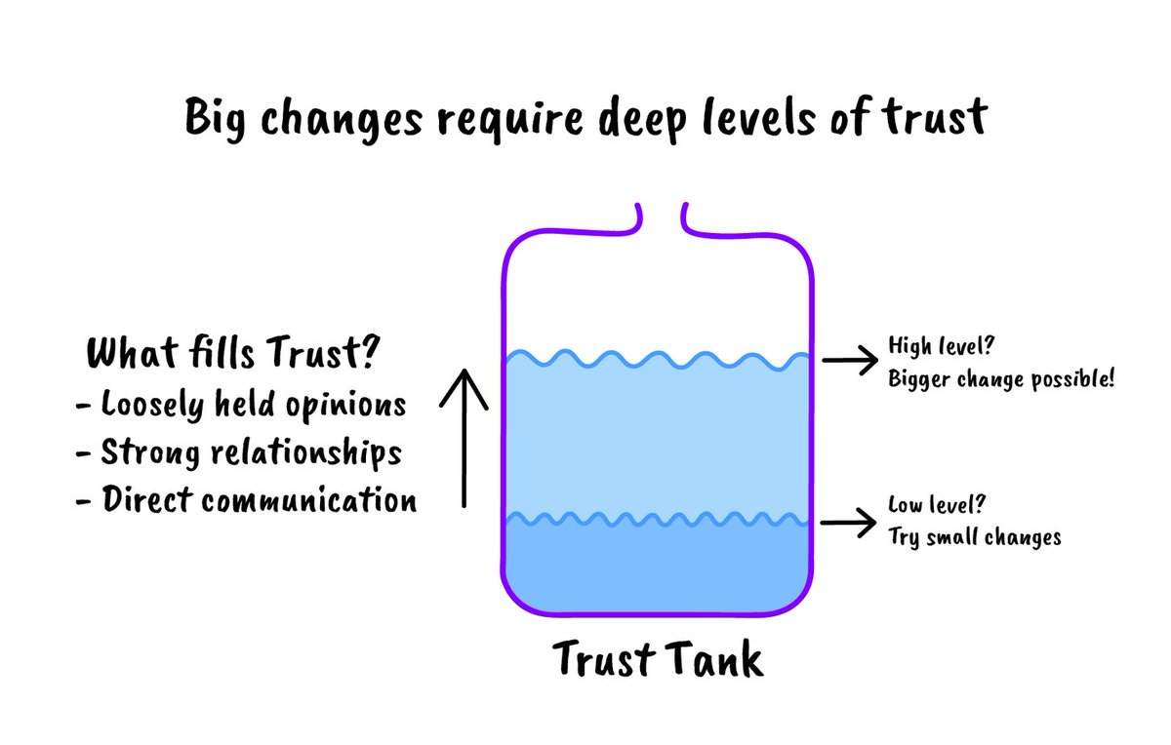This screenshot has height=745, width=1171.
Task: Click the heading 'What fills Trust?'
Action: point(232,354)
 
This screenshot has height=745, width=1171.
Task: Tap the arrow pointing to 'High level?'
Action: point(849,361)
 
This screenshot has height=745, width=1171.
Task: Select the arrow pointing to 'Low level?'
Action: point(849,524)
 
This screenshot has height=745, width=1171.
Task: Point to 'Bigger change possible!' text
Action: point(1001,378)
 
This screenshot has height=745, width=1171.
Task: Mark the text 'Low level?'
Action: point(935,506)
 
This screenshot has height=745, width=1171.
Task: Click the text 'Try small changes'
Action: point(974,537)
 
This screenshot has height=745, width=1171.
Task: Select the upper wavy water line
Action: point(656,360)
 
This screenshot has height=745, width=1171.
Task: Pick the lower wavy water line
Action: point(656,520)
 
